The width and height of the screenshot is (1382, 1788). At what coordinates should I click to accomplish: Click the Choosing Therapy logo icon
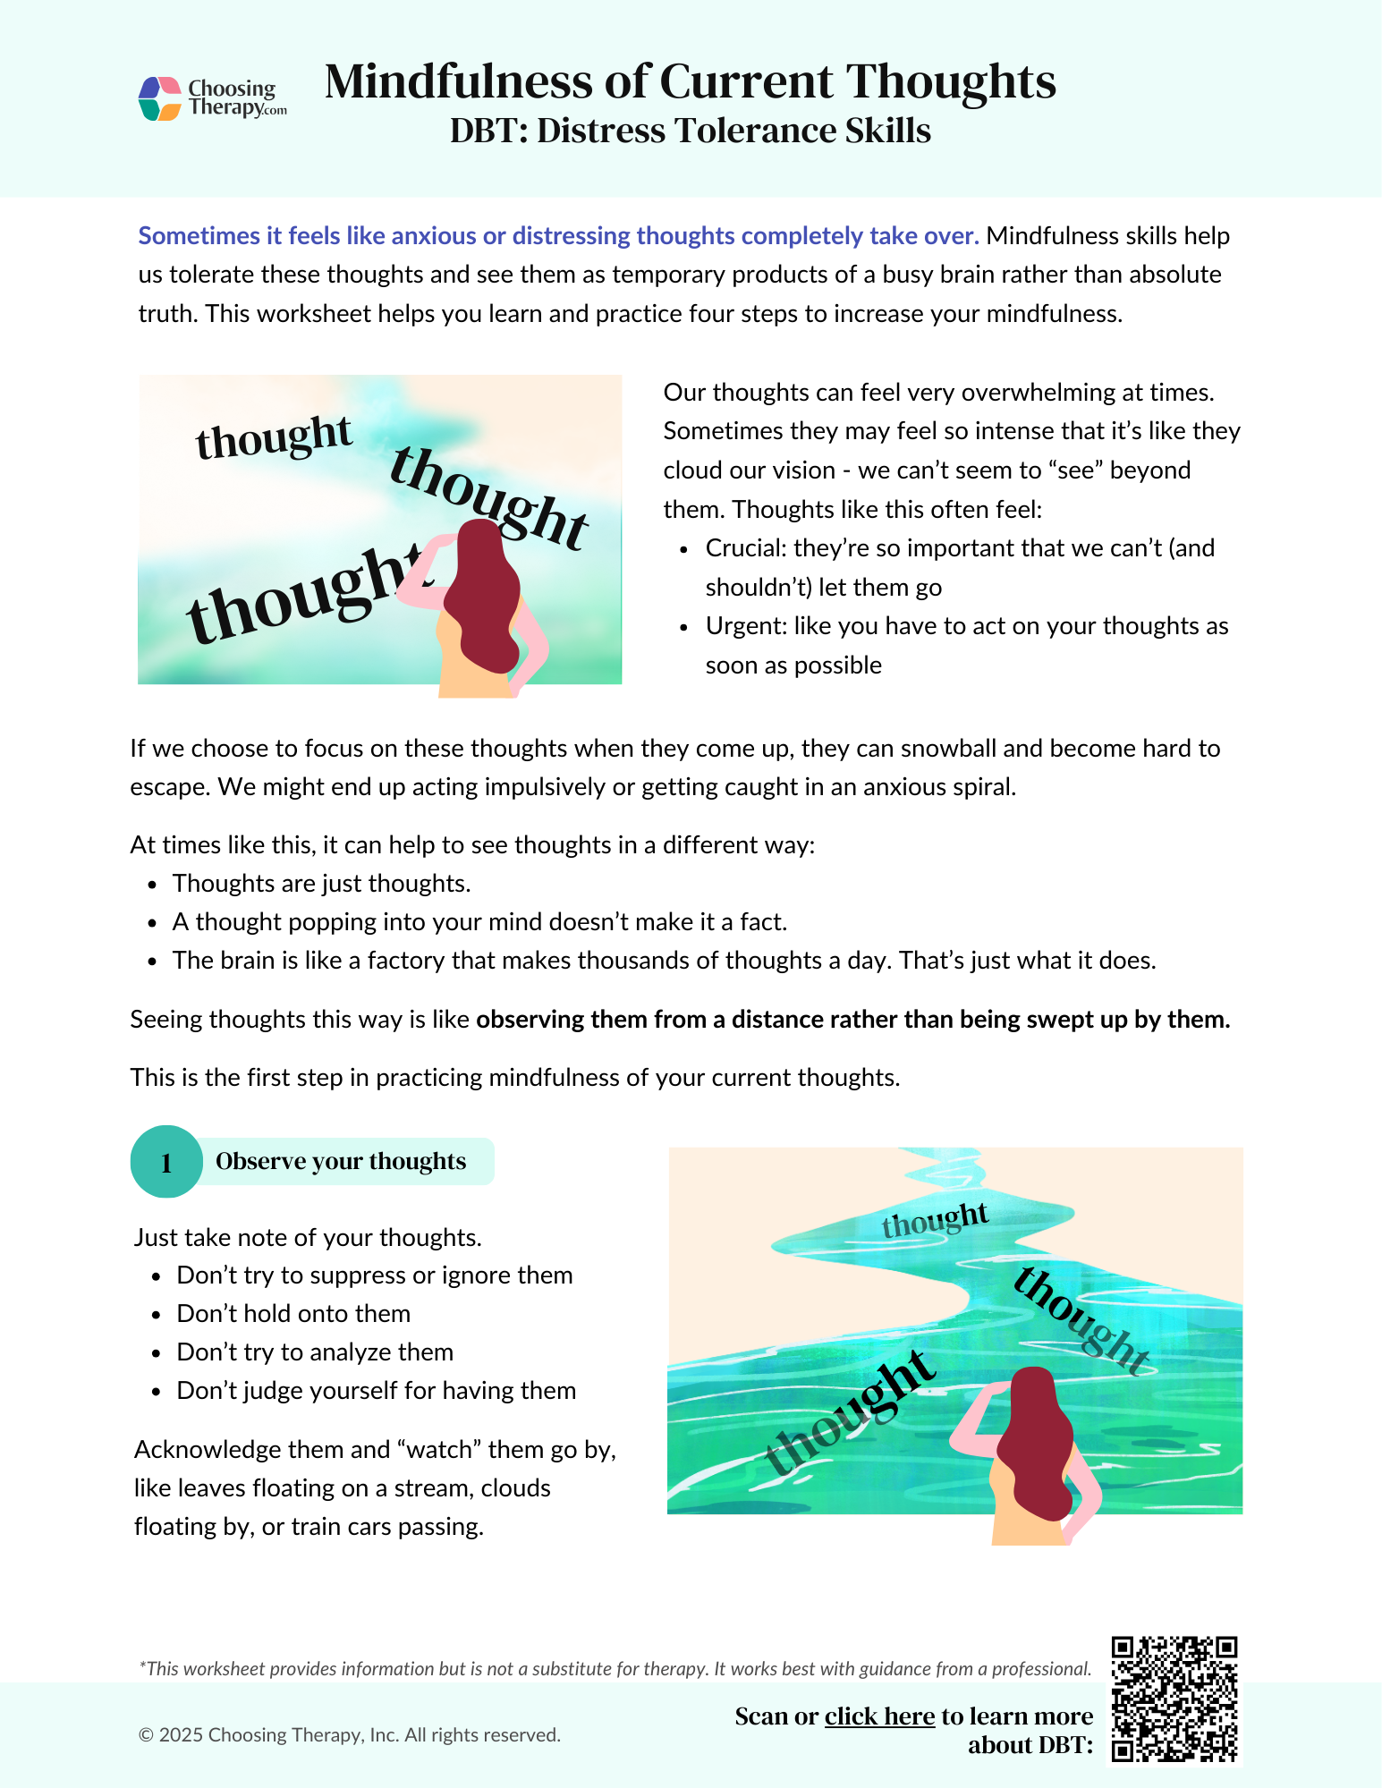click(x=160, y=98)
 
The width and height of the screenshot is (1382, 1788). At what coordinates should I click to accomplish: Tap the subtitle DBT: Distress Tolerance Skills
click(x=690, y=131)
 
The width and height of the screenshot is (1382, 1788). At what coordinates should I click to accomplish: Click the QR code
click(x=1174, y=1699)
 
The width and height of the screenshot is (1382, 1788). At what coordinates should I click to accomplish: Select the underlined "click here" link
click(x=879, y=1716)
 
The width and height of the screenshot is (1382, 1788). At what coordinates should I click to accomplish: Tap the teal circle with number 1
click(x=166, y=1162)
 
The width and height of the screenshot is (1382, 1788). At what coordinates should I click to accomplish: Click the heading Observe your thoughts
click(x=341, y=1161)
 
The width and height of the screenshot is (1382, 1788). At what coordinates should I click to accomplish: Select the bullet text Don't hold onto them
click(x=293, y=1314)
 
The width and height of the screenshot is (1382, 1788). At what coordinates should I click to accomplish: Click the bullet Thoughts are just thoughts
click(x=321, y=884)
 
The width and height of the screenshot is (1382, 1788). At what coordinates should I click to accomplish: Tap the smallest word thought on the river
click(x=935, y=1219)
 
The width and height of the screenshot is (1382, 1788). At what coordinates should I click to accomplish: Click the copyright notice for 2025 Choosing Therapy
click(x=350, y=1735)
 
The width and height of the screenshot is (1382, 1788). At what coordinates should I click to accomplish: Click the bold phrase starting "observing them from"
click(x=852, y=1020)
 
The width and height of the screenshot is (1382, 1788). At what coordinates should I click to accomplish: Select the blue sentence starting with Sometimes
click(x=558, y=236)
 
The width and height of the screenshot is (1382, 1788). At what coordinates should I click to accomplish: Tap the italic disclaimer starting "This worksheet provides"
click(x=615, y=1669)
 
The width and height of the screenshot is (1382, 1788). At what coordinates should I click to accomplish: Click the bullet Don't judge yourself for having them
click(x=376, y=1391)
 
